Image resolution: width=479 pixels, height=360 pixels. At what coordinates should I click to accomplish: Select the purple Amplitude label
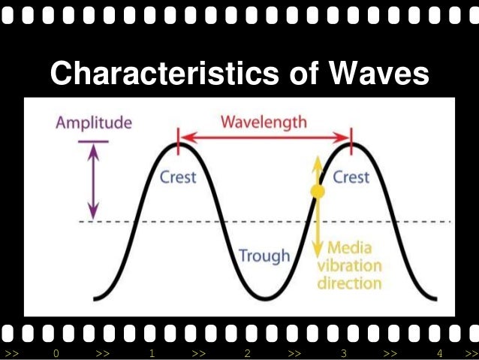[94, 123]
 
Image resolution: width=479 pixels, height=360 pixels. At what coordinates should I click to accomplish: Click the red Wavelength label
[264, 122]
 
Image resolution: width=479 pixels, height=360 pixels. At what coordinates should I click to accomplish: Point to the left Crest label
[178, 177]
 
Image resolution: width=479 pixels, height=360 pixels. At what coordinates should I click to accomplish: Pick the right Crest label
[351, 177]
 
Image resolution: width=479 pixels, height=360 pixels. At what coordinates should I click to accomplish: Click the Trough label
[264, 256]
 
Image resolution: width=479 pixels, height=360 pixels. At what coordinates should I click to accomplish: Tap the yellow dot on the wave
[318, 192]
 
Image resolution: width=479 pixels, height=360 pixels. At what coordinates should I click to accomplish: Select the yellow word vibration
[349, 266]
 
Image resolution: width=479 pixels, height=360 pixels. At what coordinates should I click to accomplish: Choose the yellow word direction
[349, 284]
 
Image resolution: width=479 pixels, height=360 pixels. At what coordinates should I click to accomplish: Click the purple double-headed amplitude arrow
[94, 180]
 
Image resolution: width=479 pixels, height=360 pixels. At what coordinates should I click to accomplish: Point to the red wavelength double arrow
[264, 137]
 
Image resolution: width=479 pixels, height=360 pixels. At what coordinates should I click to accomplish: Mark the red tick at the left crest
[178, 137]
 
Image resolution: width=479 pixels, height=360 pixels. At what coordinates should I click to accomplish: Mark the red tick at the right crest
[351, 137]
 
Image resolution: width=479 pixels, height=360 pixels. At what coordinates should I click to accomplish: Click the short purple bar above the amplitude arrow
[93, 141]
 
